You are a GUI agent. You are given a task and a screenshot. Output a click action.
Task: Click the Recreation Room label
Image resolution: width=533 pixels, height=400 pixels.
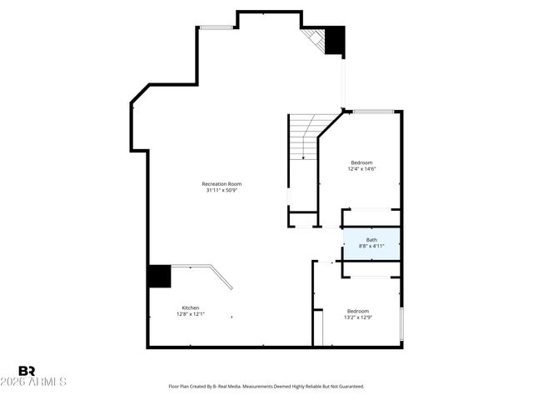(222, 183)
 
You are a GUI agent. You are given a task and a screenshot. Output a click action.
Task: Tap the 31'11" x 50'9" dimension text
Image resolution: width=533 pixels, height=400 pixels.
(222, 190)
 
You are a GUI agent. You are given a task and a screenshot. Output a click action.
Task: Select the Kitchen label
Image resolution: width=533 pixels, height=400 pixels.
(190, 307)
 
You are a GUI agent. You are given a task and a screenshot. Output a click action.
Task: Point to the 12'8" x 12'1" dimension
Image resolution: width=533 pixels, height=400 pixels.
(190, 314)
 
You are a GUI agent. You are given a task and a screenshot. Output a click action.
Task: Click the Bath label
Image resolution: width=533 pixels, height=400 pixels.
(371, 240)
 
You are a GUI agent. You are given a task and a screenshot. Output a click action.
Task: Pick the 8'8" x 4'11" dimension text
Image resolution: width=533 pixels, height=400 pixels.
(371, 247)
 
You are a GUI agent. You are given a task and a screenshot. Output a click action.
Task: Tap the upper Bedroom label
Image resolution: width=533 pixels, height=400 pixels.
(361, 162)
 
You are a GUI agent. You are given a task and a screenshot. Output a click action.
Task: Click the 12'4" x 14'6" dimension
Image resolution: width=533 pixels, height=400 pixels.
(361, 169)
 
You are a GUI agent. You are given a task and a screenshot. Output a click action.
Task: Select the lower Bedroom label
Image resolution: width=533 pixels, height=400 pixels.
(358, 311)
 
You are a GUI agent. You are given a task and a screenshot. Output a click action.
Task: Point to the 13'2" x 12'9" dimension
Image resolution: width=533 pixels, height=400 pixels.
(358, 317)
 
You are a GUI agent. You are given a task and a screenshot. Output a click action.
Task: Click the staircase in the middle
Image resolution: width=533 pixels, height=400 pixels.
(302, 137)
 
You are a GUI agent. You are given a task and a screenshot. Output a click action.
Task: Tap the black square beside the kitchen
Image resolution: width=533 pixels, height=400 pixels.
(159, 276)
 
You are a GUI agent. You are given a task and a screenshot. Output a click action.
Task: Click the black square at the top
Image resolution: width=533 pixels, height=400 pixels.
(334, 40)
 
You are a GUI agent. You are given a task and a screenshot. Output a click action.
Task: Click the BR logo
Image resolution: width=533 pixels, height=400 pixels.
(27, 371)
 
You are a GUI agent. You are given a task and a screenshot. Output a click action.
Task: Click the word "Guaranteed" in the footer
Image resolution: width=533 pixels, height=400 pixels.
(348, 387)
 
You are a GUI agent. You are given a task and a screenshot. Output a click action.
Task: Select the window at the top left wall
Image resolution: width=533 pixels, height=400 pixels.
(216, 27)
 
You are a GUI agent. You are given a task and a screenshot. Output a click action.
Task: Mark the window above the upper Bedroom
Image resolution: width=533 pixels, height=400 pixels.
(372, 111)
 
